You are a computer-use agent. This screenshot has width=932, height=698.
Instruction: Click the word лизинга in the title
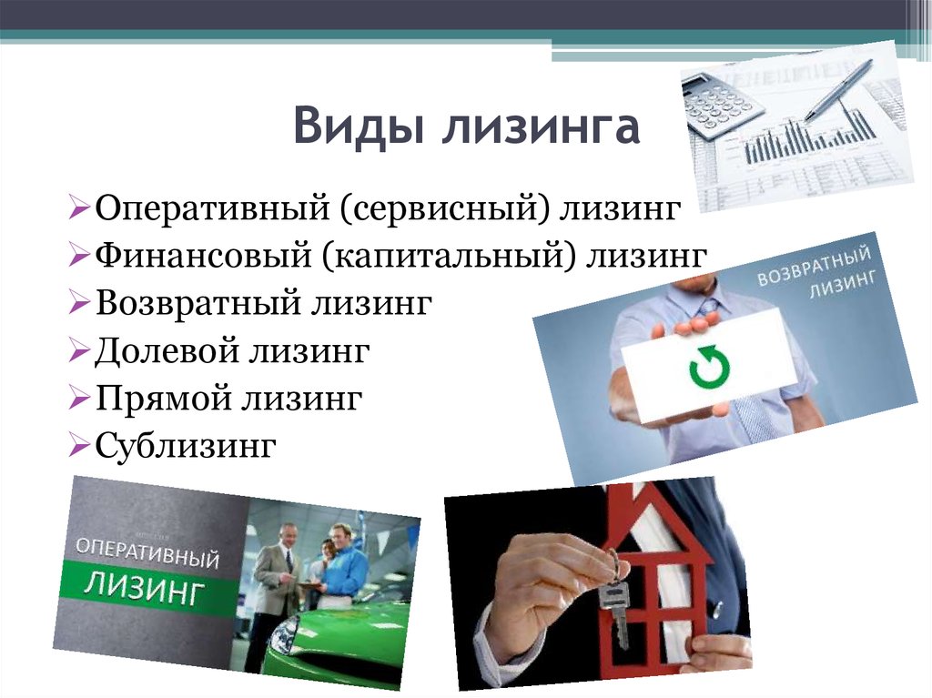[542, 126]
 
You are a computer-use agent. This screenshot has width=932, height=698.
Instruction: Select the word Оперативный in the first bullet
[212, 208]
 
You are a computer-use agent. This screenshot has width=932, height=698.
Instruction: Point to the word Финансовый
[203, 255]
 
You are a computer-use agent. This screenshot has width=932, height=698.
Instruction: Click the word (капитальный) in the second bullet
[451, 257]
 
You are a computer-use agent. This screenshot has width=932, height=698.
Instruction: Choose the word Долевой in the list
[167, 349]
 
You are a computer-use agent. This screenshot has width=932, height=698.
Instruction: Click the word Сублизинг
[186, 445]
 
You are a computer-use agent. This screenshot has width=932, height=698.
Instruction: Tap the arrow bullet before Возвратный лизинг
[78, 302]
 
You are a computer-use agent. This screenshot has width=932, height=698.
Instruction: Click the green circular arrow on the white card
[709, 366]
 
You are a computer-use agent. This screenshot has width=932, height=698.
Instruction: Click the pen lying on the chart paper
[838, 90]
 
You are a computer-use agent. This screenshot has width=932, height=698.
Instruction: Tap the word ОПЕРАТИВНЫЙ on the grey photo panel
[147, 553]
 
